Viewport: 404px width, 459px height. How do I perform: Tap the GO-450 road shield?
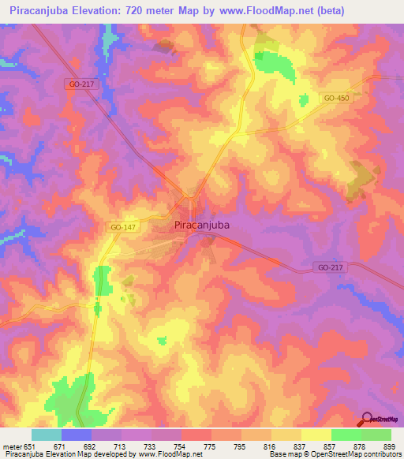335,98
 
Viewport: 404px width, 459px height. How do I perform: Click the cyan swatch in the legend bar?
47,435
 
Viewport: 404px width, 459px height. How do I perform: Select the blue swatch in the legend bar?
77,435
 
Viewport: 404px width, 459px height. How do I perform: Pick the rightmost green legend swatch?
376,435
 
